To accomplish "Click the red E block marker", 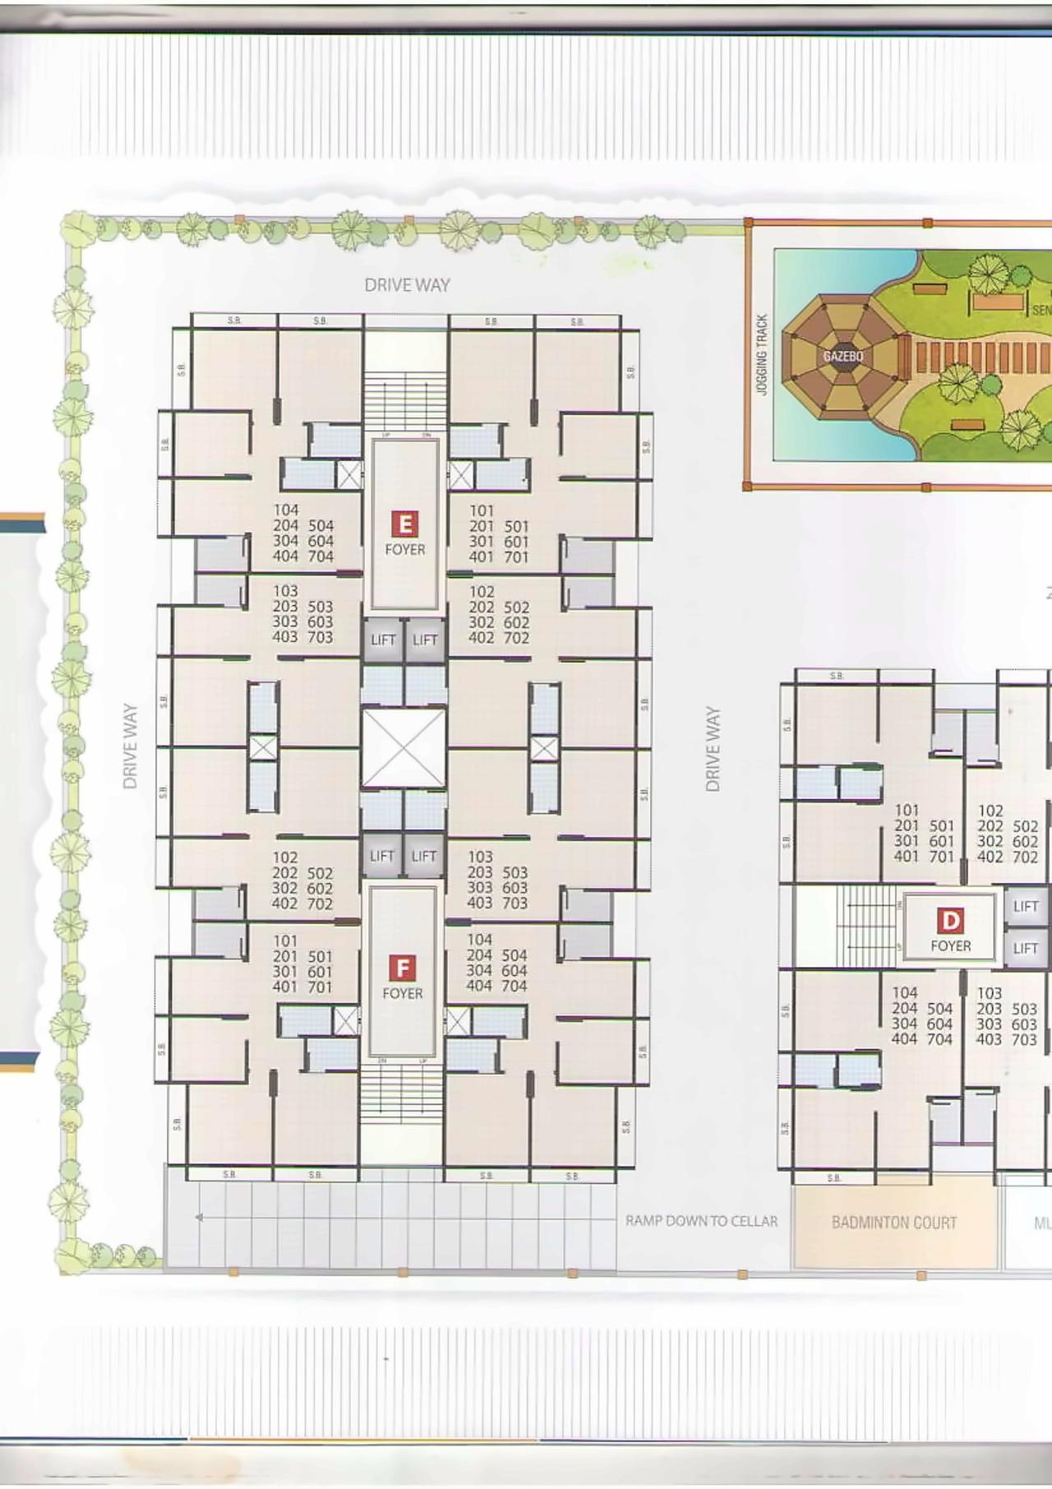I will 404,524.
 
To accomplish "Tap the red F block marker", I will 402,969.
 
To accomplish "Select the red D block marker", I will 951,921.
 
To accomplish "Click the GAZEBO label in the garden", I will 843,357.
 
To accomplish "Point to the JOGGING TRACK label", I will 762,354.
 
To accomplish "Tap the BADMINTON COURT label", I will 894,1223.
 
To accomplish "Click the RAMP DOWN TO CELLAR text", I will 701,1221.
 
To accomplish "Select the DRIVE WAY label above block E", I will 407,285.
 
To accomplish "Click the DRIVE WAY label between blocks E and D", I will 713,749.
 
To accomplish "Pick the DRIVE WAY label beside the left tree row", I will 130,746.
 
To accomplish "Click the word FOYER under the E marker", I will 405,549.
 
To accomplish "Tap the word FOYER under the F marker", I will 403,993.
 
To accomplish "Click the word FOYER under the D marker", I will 951,946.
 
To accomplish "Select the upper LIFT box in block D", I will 1026,906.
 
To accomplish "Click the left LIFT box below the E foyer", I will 383,640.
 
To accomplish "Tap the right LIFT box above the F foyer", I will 424,856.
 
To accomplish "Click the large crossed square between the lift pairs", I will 404,747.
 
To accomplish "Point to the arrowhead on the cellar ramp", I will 198,1218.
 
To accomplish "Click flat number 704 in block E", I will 321,557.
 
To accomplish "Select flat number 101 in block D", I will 907,810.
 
